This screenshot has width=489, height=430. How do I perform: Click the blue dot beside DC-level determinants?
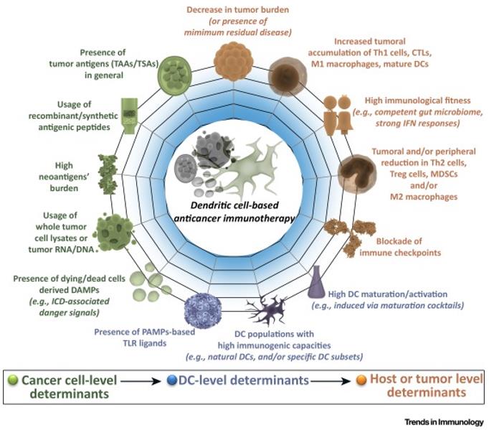click(x=177, y=379)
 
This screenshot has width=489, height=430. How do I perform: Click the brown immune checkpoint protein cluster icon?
click(x=344, y=236)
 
